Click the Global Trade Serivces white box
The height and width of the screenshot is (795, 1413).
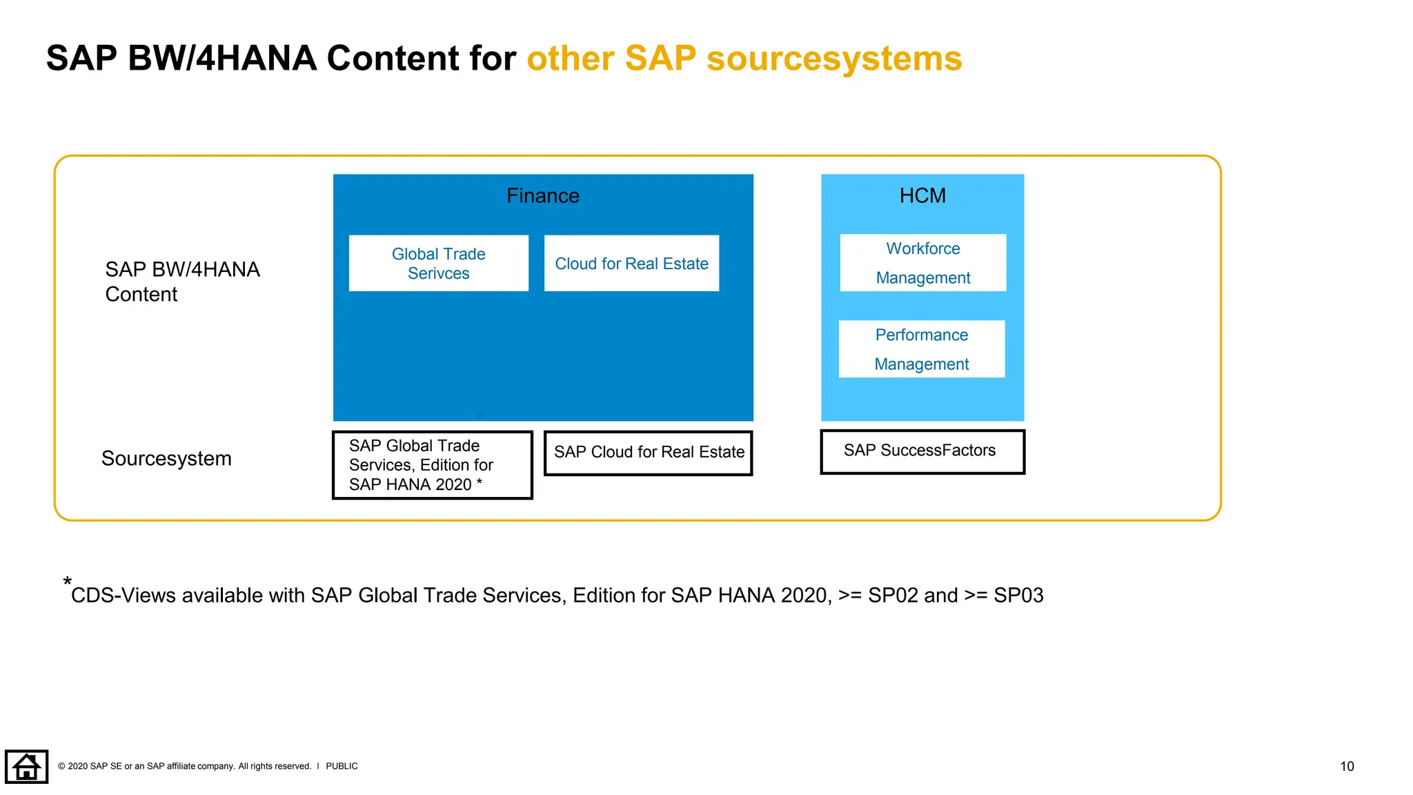(x=438, y=263)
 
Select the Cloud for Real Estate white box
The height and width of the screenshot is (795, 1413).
(x=631, y=263)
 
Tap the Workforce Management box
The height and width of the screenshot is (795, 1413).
(x=922, y=262)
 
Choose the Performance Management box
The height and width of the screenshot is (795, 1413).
(x=921, y=349)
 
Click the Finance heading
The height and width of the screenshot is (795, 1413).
(x=542, y=196)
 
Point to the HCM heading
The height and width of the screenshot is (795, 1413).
(x=922, y=196)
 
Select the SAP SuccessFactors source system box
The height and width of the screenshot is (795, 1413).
(x=922, y=451)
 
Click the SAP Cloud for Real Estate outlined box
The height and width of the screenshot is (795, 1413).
(x=648, y=453)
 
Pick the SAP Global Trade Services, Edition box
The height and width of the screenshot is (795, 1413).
(x=432, y=464)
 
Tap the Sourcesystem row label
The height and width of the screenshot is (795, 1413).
(x=166, y=459)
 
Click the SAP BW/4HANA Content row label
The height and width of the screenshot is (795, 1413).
(x=181, y=282)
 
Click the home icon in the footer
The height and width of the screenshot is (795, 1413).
(x=26, y=766)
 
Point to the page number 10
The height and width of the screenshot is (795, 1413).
(x=1346, y=766)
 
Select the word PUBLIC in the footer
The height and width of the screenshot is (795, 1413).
(x=342, y=766)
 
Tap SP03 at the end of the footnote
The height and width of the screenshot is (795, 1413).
(x=1018, y=596)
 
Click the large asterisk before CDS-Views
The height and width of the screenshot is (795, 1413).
(x=67, y=582)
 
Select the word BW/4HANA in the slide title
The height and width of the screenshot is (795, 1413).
(x=222, y=59)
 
